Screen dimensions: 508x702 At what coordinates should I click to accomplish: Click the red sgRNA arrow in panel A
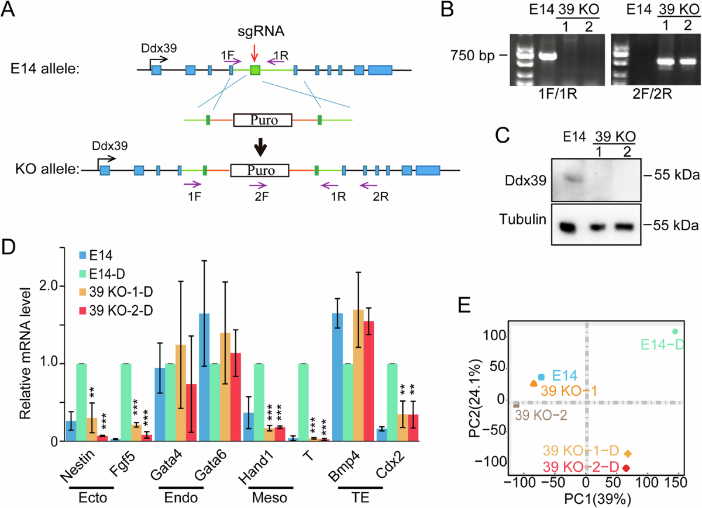(x=253, y=54)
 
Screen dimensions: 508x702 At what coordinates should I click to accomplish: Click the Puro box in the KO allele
(x=260, y=170)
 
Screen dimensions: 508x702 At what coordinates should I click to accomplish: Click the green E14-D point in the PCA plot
(x=675, y=331)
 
